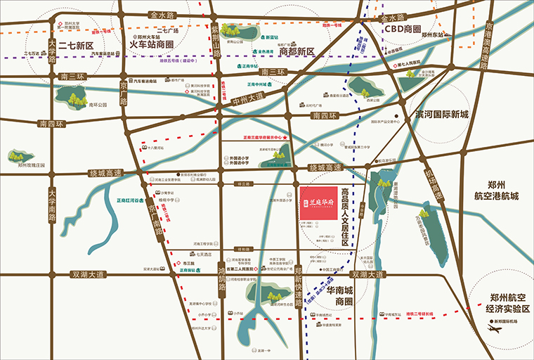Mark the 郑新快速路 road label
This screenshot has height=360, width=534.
(x=298, y=282)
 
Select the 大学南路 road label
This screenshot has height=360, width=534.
(x=52, y=205)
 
